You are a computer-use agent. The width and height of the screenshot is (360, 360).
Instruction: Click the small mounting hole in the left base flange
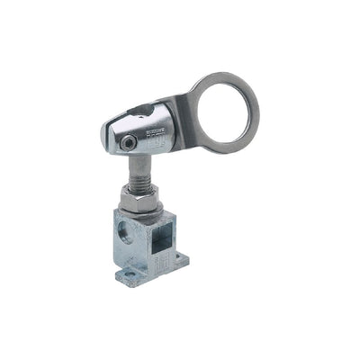(129, 273)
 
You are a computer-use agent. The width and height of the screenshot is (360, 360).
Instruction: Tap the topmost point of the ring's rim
(225, 76)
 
